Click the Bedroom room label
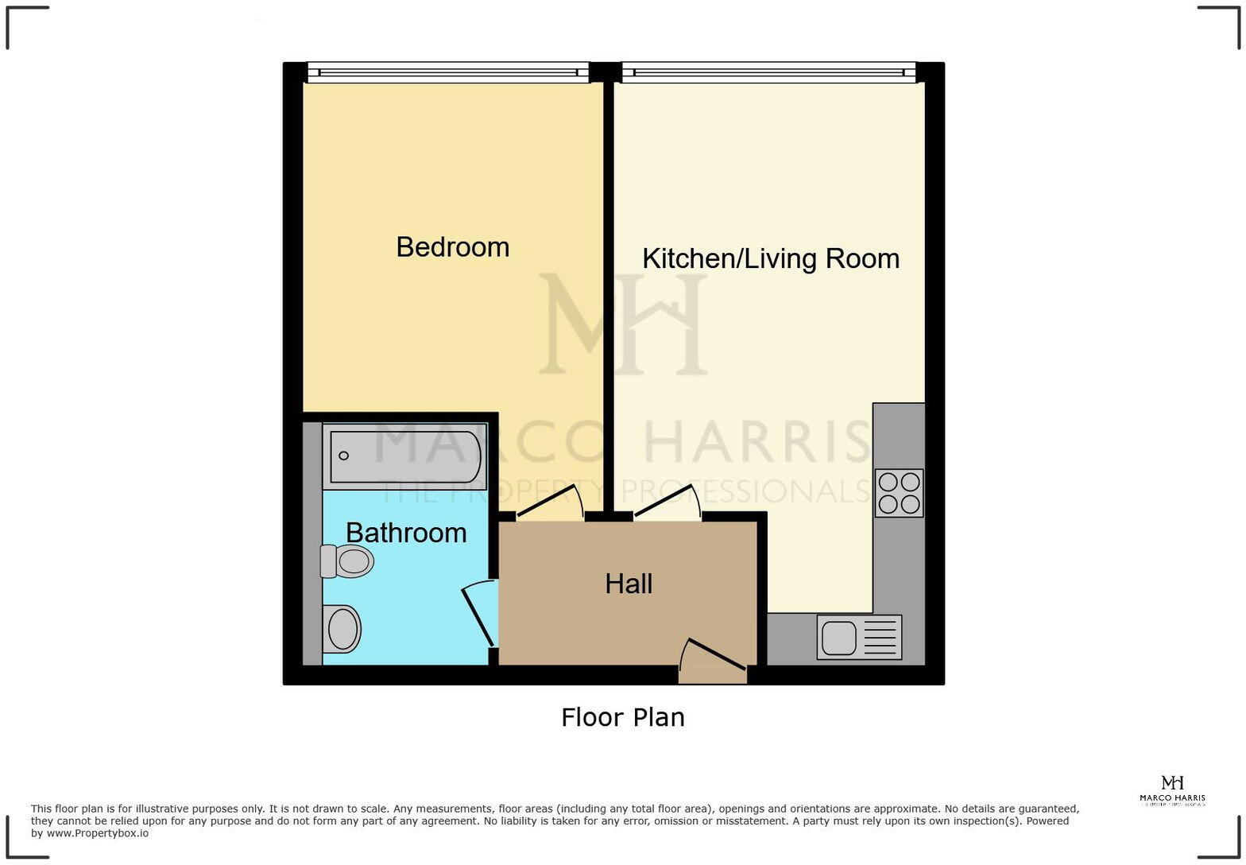[x=452, y=247]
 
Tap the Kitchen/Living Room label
[x=770, y=259]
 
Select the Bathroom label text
[x=406, y=533]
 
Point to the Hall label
[x=629, y=584]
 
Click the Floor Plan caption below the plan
[x=622, y=718]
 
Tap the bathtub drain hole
[x=344, y=456]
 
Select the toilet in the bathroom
[x=348, y=561]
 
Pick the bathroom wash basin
[x=342, y=628]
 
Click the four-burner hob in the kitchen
[x=899, y=493]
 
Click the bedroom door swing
[x=551, y=503]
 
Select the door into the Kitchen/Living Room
[x=667, y=502]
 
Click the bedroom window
[x=447, y=73]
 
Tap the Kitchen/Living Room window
[x=768, y=73]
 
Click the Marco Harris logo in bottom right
[x=1172, y=790]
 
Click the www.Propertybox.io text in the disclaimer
[x=97, y=834]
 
